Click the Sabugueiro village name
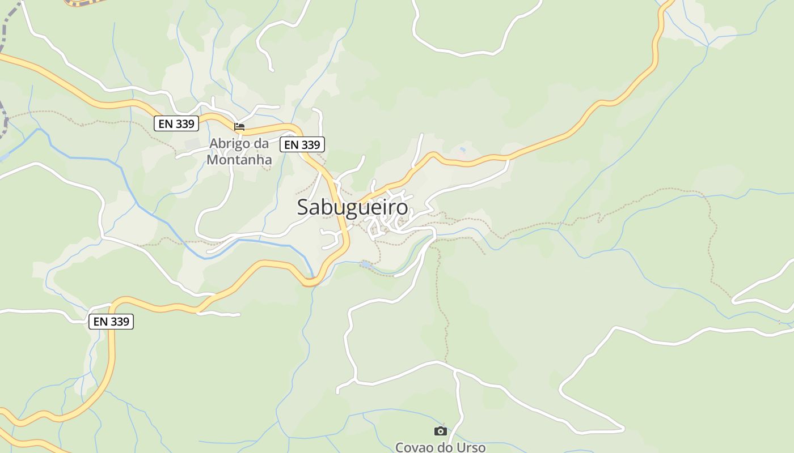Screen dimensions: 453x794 point(352,207)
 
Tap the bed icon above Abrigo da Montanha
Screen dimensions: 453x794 point(239,126)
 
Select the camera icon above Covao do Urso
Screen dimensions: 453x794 point(440,431)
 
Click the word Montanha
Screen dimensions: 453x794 point(239,160)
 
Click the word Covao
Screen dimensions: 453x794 point(414,447)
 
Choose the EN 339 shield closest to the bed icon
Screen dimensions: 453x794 point(176,123)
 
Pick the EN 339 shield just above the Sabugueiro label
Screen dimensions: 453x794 point(302,145)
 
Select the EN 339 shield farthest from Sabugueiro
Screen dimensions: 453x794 point(111,322)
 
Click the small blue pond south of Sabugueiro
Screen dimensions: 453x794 point(366,264)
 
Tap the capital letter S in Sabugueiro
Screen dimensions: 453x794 point(303,207)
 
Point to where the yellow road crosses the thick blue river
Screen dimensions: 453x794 point(312,281)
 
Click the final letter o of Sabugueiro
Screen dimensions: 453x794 point(402,208)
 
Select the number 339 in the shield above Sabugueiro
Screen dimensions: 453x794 point(310,145)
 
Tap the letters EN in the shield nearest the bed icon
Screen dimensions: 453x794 point(165,123)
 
